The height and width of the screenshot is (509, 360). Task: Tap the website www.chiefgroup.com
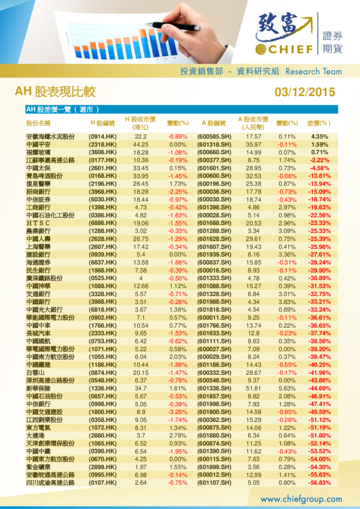[x=301, y=499]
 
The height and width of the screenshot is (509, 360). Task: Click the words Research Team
[x=313, y=71]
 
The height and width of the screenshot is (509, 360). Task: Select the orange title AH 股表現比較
[x=55, y=92]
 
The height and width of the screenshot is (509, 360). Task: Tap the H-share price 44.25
[x=141, y=145]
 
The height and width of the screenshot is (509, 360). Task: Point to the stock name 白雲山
[x=37, y=372]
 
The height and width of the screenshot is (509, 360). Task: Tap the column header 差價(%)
[x=318, y=123]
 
